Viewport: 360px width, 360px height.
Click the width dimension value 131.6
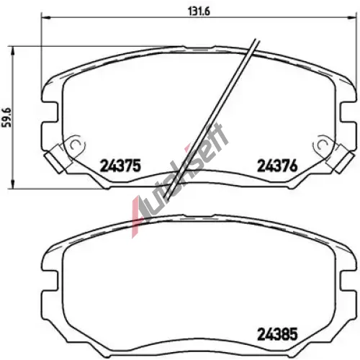(199, 12)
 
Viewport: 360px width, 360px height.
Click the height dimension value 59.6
(7, 117)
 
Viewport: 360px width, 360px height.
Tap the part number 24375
(120, 166)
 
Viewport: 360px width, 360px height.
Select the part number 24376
(277, 166)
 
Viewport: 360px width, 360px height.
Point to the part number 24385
(277, 334)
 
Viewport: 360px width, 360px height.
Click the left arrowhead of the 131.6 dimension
(45, 17)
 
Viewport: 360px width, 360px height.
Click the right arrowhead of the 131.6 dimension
(353, 17)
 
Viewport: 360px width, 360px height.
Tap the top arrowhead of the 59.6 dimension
(13, 50)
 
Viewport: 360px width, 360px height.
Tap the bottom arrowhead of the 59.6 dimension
(13, 184)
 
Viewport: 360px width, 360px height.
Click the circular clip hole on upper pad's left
(75, 145)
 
